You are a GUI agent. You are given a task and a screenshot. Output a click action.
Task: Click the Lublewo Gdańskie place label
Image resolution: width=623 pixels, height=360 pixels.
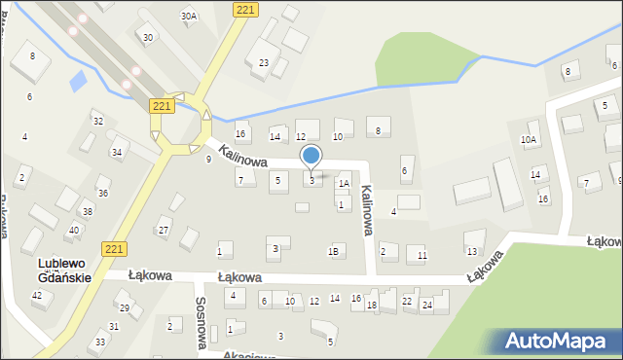(x=64, y=270)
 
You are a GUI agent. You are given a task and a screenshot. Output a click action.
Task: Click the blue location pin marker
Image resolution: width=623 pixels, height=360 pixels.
(x=311, y=156)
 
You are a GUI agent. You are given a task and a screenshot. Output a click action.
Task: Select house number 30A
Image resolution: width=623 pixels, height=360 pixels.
(x=189, y=17)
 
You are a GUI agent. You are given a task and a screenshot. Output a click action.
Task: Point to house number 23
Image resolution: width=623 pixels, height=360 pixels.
(x=264, y=63)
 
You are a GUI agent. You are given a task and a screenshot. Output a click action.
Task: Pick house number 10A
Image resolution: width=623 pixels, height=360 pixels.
(x=529, y=140)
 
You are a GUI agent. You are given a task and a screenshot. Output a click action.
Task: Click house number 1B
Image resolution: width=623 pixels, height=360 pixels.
(x=334, y=252)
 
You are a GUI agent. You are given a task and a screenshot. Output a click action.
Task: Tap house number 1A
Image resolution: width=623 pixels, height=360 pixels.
(x=343, y=183)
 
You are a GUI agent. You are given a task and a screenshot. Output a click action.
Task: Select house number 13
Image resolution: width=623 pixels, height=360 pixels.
(x=472, y=252)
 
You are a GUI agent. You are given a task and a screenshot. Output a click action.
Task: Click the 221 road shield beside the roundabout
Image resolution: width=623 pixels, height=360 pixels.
(x=162, y=105)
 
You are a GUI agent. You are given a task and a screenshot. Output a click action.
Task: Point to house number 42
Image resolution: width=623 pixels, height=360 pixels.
(x=37, y=295)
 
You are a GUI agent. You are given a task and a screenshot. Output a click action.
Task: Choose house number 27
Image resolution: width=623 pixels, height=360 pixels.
(x=164, y=231)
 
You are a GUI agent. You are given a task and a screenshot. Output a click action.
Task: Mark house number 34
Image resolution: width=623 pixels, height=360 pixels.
(x=117, y=153)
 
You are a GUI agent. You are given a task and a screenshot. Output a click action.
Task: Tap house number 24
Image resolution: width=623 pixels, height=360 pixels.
(x=426, y=305)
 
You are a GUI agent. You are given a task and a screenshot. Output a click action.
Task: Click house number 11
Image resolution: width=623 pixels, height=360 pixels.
(x=421, y=255)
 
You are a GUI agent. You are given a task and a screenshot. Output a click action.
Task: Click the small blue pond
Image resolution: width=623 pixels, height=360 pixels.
(x=77, y=81)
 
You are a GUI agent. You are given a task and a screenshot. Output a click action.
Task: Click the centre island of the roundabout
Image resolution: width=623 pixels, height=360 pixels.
(x=180, y=126)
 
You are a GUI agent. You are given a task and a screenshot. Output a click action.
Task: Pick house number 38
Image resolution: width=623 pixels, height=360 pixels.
(x=88, y=212)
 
